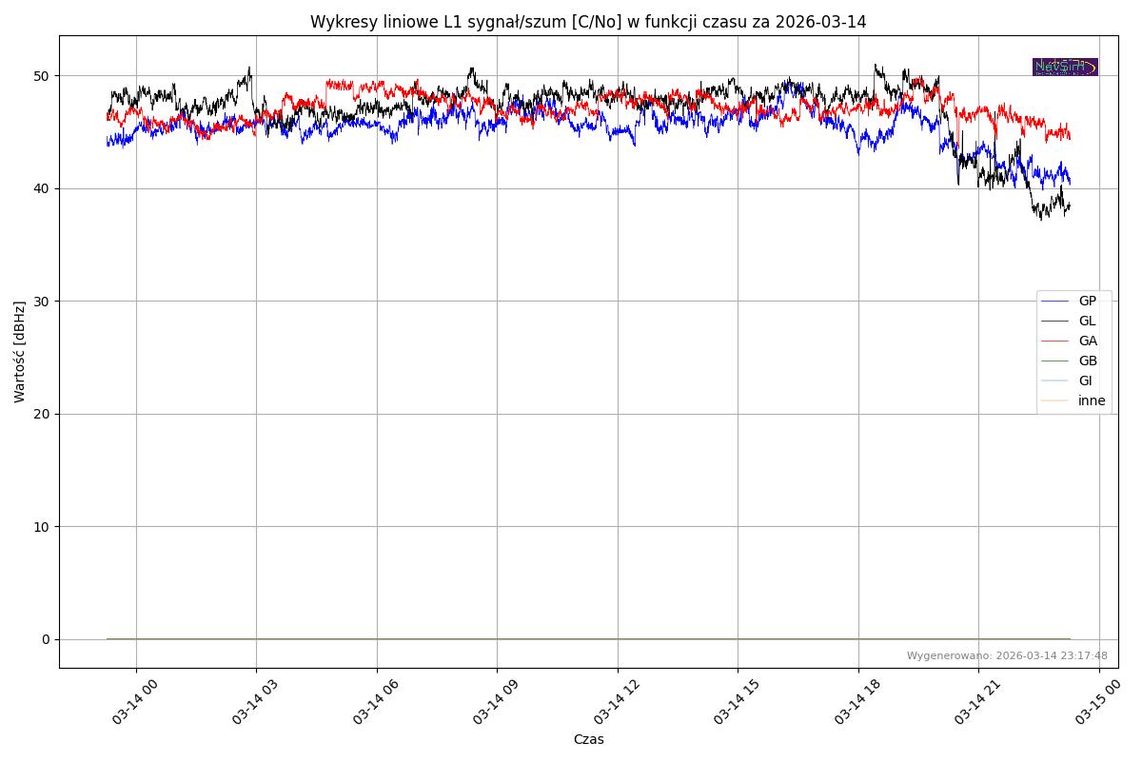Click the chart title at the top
click(588, 22)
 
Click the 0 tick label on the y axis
click(45, 639)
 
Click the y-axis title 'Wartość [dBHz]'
click(20, 351)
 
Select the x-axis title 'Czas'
click(588, 739)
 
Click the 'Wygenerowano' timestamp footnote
click(1007, 655)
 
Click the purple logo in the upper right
click(1065, 67)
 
